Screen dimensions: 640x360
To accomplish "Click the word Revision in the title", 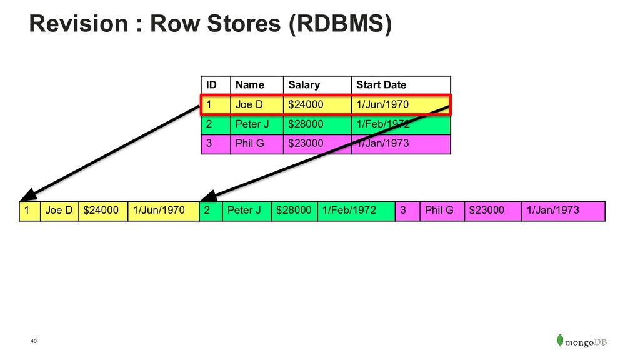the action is tap(78, 23).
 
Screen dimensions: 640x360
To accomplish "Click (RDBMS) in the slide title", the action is tap(340, 24).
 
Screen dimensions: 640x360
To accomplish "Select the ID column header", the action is tap(211, 85).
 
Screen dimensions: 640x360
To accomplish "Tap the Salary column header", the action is tap(304, 85).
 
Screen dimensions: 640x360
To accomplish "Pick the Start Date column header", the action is tap(381, 85).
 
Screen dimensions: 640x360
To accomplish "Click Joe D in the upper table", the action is tap(249, 104).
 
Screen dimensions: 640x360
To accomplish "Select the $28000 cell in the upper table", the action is tap(306, 124).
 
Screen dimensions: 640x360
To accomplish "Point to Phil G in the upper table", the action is tap(250, 143).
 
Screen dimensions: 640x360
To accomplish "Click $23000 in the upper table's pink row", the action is tap(306, 143).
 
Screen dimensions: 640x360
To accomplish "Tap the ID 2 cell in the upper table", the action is tap(209, 124).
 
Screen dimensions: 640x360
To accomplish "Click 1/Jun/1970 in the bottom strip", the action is tap(159, 210).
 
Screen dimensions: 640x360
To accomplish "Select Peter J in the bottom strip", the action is tap(244, 210).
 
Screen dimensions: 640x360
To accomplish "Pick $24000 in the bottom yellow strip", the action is tap(101, 210).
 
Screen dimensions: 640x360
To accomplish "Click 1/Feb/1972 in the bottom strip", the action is tap(349, 210).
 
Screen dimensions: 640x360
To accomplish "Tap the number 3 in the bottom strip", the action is tap(403, 210).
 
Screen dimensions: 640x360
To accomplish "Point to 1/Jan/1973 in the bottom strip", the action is tap(552, 210).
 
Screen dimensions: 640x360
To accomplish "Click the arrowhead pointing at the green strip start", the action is tap(209, 196).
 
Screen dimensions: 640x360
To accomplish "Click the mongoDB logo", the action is tap(582, 341).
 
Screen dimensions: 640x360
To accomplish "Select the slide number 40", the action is tap(34, 341).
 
